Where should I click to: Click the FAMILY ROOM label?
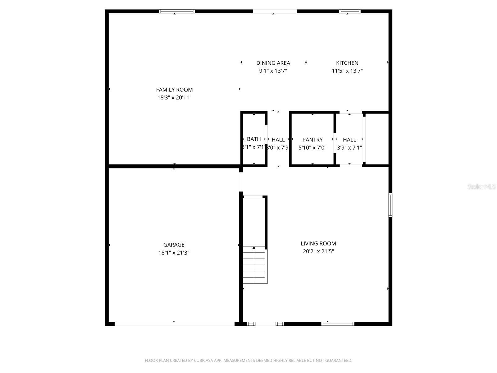(174, 90)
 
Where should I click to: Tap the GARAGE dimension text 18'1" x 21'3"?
(174, 253)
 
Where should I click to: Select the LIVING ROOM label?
(318, 243)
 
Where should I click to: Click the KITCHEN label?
(347, 63)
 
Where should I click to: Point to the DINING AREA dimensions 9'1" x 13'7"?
(273, 71)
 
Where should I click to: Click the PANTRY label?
(312, 140)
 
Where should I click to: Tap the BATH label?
(254, 139)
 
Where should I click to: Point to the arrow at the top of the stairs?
(254, 248)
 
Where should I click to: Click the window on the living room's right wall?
(390, 205)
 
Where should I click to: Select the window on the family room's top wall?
(177, 12)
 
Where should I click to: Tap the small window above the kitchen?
(350, 12)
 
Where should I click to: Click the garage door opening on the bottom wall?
(174, 324)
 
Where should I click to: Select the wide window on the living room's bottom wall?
(338, 324)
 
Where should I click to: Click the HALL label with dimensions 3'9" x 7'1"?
(349, 140)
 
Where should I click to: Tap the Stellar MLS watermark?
(481, 186)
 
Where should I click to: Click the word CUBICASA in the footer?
(204, 361)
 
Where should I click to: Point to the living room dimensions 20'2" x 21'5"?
(318, 251)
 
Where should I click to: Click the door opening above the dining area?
(275, 12)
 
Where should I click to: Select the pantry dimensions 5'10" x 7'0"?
(312, 148)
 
